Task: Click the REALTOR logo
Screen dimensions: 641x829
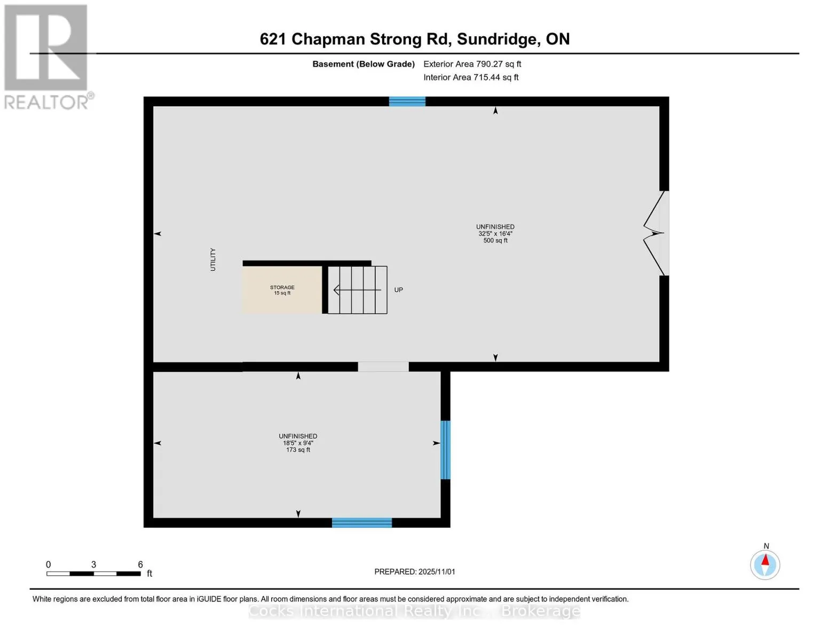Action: point(46,56)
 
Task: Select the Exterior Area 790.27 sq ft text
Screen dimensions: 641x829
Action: point(472,64)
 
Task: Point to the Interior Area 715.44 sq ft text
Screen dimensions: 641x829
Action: point(471,77)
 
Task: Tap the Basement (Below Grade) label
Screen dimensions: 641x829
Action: point(363,64)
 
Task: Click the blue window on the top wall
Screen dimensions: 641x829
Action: point(407,101)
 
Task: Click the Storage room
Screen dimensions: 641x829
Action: point(282,290)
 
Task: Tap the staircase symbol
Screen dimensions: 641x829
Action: point(357,290)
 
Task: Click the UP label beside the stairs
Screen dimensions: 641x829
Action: point(398,290)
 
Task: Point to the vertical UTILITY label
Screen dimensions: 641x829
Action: point(213,260)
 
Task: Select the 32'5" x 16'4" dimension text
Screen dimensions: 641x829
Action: point(495,234)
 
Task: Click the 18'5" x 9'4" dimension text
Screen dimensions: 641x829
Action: point(298,443)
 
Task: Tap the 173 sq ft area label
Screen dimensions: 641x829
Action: point(298,450)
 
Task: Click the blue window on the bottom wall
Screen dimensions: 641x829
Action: point(362,523)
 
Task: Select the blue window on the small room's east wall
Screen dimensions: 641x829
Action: point(445,450)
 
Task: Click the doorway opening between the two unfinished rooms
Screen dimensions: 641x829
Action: point(383,367)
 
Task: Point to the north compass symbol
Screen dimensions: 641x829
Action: point(765,564)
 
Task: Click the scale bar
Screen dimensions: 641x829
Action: point(93,574)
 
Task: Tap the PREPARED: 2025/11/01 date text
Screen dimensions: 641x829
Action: point(415,572)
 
